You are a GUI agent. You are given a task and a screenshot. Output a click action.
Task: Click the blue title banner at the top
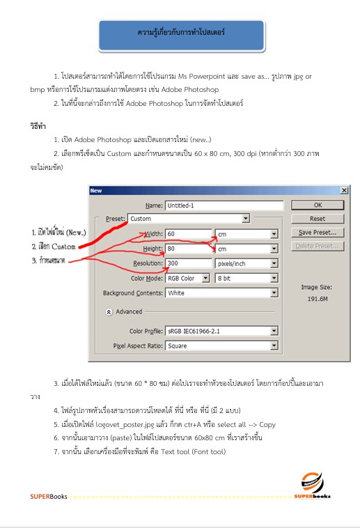181,33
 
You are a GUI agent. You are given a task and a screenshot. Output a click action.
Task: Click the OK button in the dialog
318,205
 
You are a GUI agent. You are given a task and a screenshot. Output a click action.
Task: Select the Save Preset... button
318,233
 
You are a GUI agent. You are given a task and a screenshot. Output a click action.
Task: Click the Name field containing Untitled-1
224,205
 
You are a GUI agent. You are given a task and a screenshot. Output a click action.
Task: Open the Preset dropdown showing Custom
188,219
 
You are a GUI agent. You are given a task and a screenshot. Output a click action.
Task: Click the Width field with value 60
188,233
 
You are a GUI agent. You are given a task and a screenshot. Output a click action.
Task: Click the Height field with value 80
188,248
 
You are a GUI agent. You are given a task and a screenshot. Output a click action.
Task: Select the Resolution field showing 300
188,263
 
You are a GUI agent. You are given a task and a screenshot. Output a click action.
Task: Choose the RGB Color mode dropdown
187,278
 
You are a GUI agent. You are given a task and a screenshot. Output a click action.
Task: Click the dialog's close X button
344,190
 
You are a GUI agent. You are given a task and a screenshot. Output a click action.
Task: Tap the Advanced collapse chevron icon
109,312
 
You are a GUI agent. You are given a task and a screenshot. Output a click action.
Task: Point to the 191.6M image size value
318,298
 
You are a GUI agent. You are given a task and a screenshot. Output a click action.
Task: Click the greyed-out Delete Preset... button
318,246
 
